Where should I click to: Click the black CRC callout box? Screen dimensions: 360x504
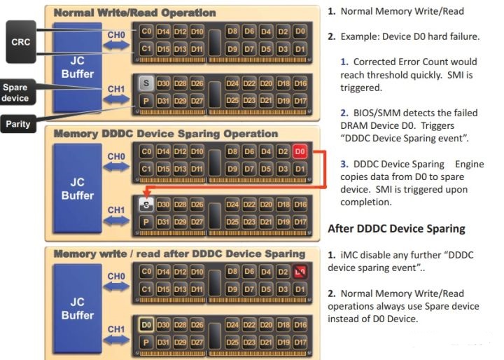[20, 41]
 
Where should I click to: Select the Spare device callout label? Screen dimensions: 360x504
[15, 93]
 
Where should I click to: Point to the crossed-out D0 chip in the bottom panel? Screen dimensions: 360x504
[300, 271]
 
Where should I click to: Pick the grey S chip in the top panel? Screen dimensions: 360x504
[146, 83]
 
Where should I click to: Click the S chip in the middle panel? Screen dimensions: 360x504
[146, 205]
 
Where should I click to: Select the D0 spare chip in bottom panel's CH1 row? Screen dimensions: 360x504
[146, 326]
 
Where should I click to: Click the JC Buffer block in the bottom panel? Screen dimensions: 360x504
[77, 309]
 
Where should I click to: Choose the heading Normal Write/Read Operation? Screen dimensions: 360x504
[134, 13]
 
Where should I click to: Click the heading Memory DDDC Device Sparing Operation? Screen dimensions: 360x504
[166, 134]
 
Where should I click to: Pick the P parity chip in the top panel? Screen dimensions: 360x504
[146, 101]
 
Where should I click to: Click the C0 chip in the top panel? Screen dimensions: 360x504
[146, 32]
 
